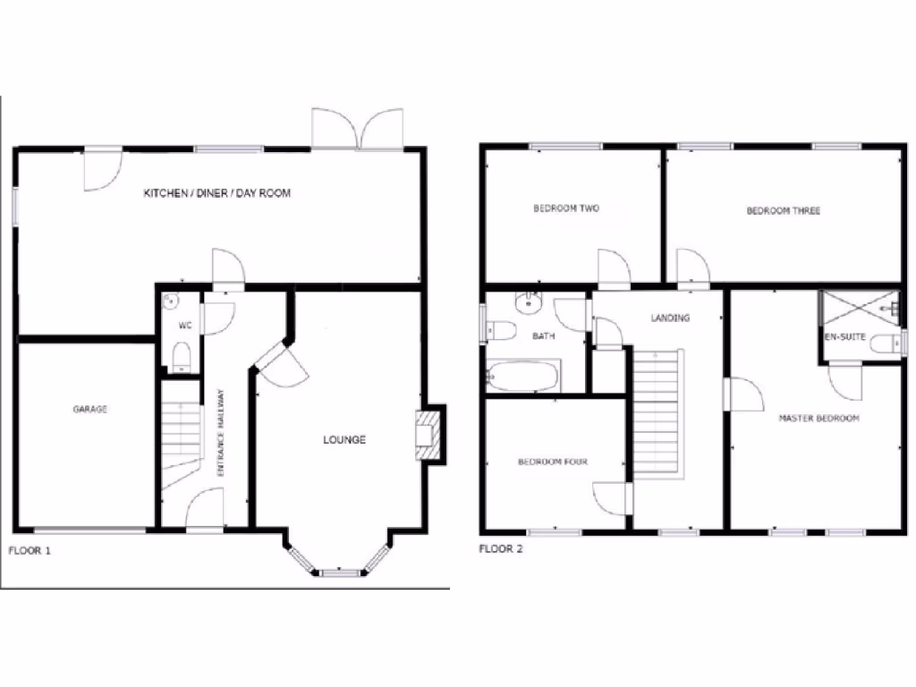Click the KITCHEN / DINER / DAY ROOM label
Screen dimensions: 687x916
217,193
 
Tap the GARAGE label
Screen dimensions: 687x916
90,409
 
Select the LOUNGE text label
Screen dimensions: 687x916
344,439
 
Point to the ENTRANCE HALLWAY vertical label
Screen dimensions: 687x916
221,438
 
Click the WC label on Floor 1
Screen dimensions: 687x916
185,326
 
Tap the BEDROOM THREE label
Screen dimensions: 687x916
783,211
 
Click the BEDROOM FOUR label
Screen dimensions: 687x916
553,462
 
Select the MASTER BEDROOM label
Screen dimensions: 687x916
818,418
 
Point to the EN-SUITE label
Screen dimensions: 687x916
844,337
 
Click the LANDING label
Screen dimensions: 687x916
670,318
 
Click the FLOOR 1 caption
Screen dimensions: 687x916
30,550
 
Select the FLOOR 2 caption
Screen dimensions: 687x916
501,548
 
